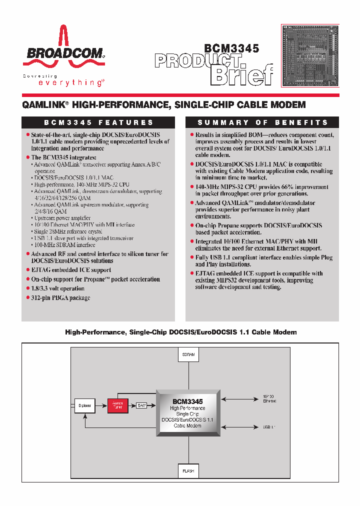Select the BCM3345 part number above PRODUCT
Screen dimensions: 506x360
231,48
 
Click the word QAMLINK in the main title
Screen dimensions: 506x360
44,105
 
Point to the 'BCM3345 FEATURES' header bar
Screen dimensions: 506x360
98,122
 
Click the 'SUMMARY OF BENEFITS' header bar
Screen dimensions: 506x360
262,122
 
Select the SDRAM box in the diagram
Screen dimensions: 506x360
188,354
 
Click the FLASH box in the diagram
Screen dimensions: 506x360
188,471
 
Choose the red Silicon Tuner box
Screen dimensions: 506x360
117,405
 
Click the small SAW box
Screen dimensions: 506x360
141,405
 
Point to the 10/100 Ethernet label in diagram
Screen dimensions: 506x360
268,398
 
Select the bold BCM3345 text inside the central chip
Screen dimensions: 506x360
187,401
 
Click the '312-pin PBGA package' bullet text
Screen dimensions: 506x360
60,298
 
